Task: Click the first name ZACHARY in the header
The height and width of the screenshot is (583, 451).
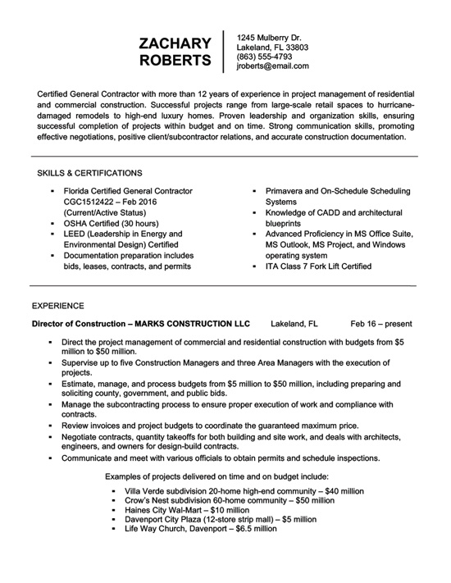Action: point(175,43)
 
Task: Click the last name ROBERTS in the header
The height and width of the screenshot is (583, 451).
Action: point(175,61)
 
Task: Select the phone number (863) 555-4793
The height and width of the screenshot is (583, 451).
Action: point(264,57)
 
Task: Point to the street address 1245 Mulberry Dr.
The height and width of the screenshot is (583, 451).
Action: point(269,38)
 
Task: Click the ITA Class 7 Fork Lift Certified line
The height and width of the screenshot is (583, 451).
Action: point(318,266)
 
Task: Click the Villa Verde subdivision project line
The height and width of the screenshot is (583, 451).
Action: point(244,490)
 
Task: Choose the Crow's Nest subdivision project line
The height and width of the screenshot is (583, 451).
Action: point(229,499)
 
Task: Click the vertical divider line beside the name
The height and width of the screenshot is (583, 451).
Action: point(224,52)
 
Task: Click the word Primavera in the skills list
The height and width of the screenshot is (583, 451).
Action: point(287,190)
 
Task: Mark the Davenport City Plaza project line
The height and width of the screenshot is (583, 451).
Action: point(219,519)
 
